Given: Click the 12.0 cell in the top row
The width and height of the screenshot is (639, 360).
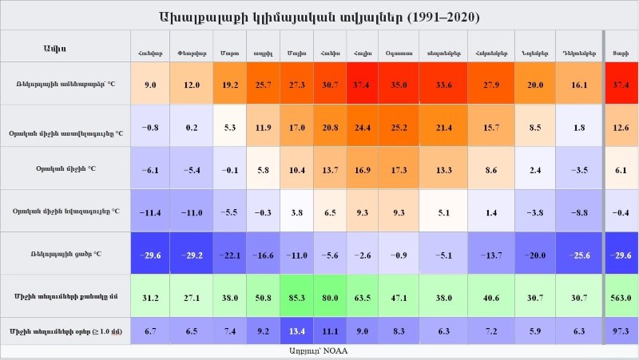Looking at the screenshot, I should pyautogui.click(x=192, y=84).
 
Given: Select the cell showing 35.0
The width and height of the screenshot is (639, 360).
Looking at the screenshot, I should pyautogui.click(x=398, y=84).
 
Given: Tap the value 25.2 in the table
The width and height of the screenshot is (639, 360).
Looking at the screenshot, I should pyautogui.click(x=398, y=127).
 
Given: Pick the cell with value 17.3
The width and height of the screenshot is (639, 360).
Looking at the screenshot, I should pyautogui.click(x=398, y=170).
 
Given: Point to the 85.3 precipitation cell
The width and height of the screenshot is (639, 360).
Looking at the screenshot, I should pyautogui.click(x=297, y=297).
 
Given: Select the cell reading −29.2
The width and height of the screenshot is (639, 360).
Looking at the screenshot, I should pyautogui.click(x=192, y=255).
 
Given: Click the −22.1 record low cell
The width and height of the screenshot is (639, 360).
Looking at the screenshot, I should pyautogui.click(x=229, y=255).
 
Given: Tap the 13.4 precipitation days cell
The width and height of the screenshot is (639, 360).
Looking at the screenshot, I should pyautogui.click(x=297, y=330).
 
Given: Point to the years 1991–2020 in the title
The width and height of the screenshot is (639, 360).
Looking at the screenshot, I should pyautogui.click(x=447, y=17).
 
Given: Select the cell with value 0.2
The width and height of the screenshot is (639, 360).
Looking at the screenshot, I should pyautogui.click(x=192, y=127).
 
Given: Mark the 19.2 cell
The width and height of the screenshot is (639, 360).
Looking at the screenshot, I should pyautogui.click(x=229, y=84).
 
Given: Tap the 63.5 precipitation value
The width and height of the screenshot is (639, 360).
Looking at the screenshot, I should pyautogui.click(x=363, y=297).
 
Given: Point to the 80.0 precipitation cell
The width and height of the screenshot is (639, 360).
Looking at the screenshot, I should pyautogui.click(x=330, y=297).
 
